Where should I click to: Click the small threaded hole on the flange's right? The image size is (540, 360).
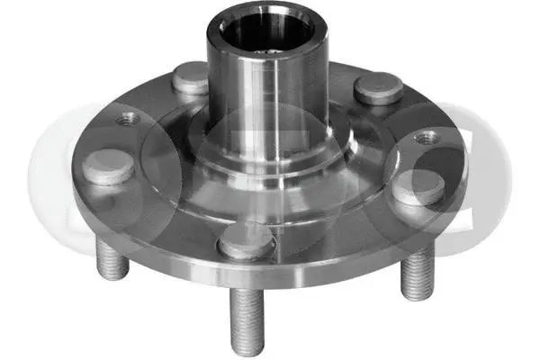[427, 138]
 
